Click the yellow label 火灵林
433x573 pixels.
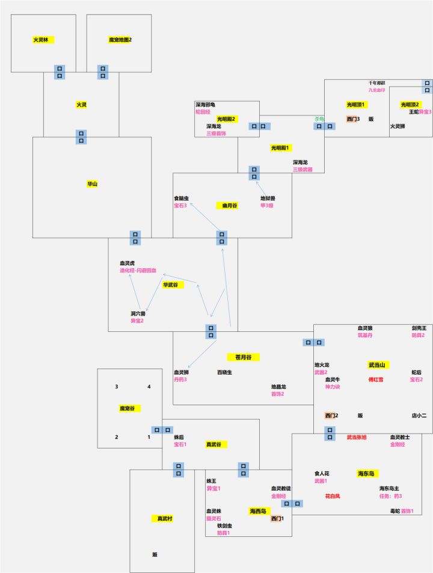[x=41, y=40]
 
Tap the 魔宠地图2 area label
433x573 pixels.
[x=120, y=40]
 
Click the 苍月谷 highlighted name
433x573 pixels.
[x=243, y=357]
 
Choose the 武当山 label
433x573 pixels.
[x=378, y=365]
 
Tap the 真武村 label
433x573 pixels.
[x=164, y=518]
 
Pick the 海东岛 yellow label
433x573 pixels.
[x=368, y=473]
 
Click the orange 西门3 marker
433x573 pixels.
[x=352, y=119]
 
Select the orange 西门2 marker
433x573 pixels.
[x=331, y=415]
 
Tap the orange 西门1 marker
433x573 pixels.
[x=277, y=518]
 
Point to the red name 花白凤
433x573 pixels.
[x=333, y=496]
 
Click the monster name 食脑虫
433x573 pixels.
[x=181, y=198]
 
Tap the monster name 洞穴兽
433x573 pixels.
[x=138, y=313]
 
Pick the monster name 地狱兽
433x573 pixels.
[x=268, y=198]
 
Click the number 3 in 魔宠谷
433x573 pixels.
[x=117, y=387]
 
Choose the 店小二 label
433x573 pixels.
[x=419, y=415]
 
